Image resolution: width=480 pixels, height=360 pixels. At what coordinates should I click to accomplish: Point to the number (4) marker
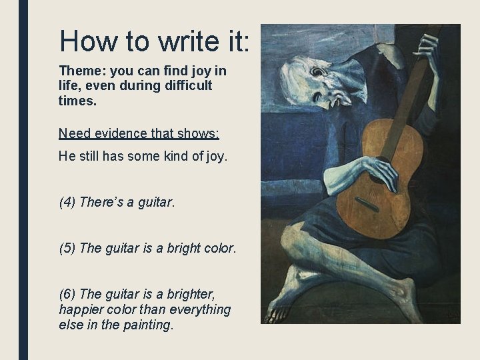click(x=67, y=202)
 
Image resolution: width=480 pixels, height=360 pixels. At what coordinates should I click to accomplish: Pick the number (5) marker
click(x=67, y=248)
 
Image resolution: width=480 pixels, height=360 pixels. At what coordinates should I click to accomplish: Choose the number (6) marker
click(x=67, y=294)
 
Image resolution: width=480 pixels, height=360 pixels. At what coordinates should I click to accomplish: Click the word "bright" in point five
click(x=179, y=248)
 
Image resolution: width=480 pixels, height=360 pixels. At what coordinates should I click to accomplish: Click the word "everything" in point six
click(x=200, y=310)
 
